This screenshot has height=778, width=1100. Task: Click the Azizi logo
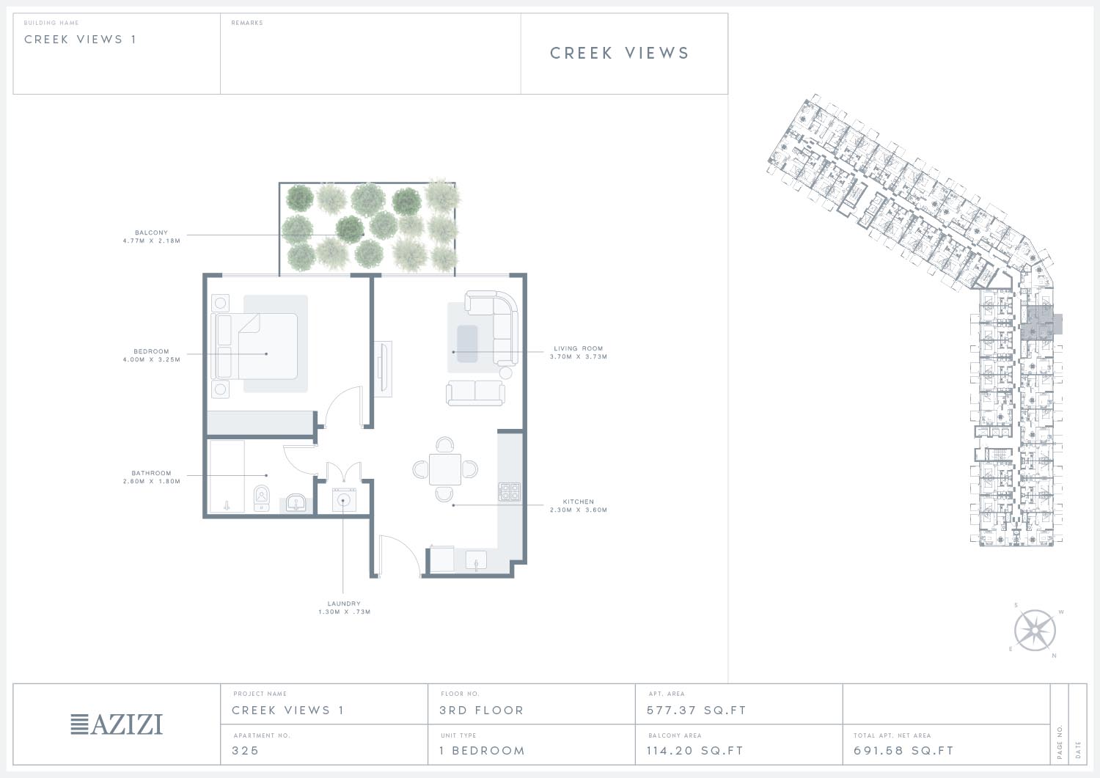(x=117, y=724)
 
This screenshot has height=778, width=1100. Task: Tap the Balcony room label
(x=151, y=232)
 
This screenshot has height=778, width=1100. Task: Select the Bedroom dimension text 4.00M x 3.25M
(x=151, y=359)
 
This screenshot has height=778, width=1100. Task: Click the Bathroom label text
(x=151, y=473)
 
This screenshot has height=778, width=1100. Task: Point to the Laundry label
(x=344, y=603)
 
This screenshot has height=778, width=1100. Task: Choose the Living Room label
(x=579, y=348)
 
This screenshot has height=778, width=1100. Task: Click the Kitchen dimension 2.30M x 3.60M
(x=579, y=510)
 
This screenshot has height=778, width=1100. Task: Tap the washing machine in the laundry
(x=344, y=499)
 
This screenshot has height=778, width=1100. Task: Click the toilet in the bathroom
(x=262, y=498)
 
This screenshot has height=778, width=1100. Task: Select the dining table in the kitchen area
(x=445, y=469)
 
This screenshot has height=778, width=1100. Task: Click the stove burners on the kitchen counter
(x=509, y=491)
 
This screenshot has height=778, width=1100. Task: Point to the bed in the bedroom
(x=254, y=346)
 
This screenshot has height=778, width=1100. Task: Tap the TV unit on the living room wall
(x=383, y=369)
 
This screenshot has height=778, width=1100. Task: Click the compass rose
(x=1035, y=631)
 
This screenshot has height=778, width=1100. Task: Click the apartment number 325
(x=245, y=750)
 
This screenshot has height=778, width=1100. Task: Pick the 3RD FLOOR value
(x=481, y=711)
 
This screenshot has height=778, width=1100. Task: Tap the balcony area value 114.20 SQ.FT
(x=695, y=750)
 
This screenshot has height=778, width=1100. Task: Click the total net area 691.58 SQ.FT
(x=903, y=750)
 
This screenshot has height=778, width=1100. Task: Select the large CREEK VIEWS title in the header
(x=620, y=53)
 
